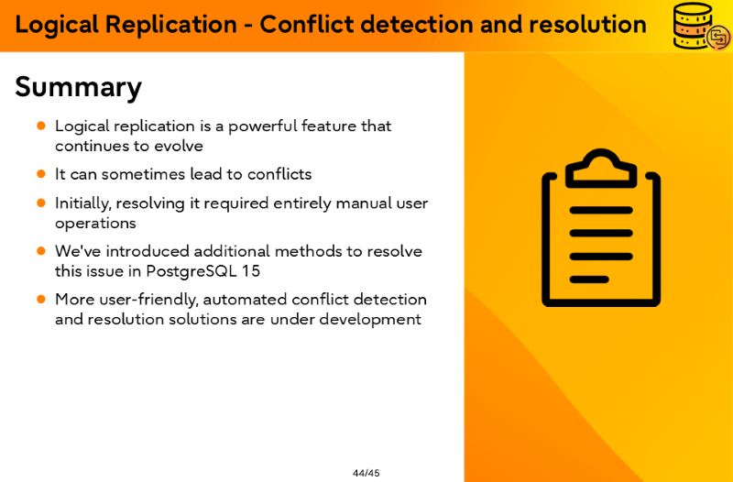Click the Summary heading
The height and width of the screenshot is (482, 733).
tap(78, 88)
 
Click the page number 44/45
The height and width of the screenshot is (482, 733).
tap(366, 473)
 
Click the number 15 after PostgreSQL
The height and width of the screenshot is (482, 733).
tap(250, 271)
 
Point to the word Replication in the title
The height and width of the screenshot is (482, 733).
tap(170, 25)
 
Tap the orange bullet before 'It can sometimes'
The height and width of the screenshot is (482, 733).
tap(41, 174)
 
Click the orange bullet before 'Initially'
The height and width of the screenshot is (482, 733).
tap(41, 203)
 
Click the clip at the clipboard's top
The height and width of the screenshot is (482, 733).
tap(601, 170)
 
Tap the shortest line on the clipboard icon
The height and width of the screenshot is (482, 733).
tap(589, 279)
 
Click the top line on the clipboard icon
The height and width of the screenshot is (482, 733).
tap(601, 210)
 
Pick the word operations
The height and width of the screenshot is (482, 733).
tap(95, 224)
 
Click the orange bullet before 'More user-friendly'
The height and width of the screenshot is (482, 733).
tap(41, 299)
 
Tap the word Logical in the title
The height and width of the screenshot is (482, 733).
tap(57, 26)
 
